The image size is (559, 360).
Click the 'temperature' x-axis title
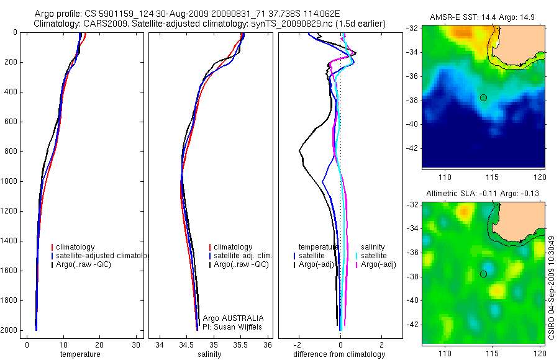80,354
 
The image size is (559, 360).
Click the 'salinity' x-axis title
209,354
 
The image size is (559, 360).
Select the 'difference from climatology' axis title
339,354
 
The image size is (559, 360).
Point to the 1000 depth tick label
9,181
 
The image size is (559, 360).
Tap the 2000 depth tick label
9,330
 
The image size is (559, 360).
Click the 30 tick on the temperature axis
135,344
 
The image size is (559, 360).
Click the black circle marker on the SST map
483,97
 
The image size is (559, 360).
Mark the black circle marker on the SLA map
483,274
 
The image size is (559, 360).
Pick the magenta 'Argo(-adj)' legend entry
378,264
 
